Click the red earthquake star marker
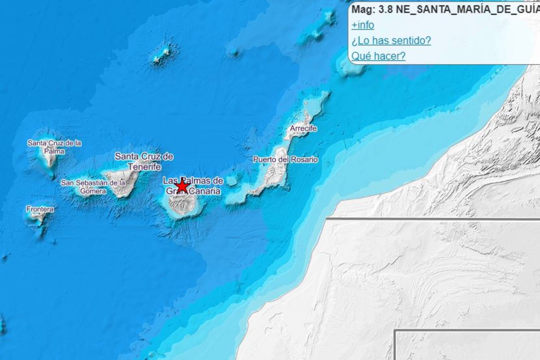click(x=182, y=187)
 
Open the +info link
click(x=362, y=25)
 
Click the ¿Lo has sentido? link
click(x=391, y=41)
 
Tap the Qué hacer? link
click(x=378, y=56)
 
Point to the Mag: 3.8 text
click(x=372, y=10)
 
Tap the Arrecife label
click(x=303, y=128)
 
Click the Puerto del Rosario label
click(x=285, y=160)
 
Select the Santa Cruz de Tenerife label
click(x=144, y=161)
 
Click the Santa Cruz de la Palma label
click(x=54, y=147)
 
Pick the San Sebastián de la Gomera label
click(x=93, y=187)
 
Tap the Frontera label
click(x=40, y=209)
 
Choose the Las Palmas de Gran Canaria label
click(x=193, y=186)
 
